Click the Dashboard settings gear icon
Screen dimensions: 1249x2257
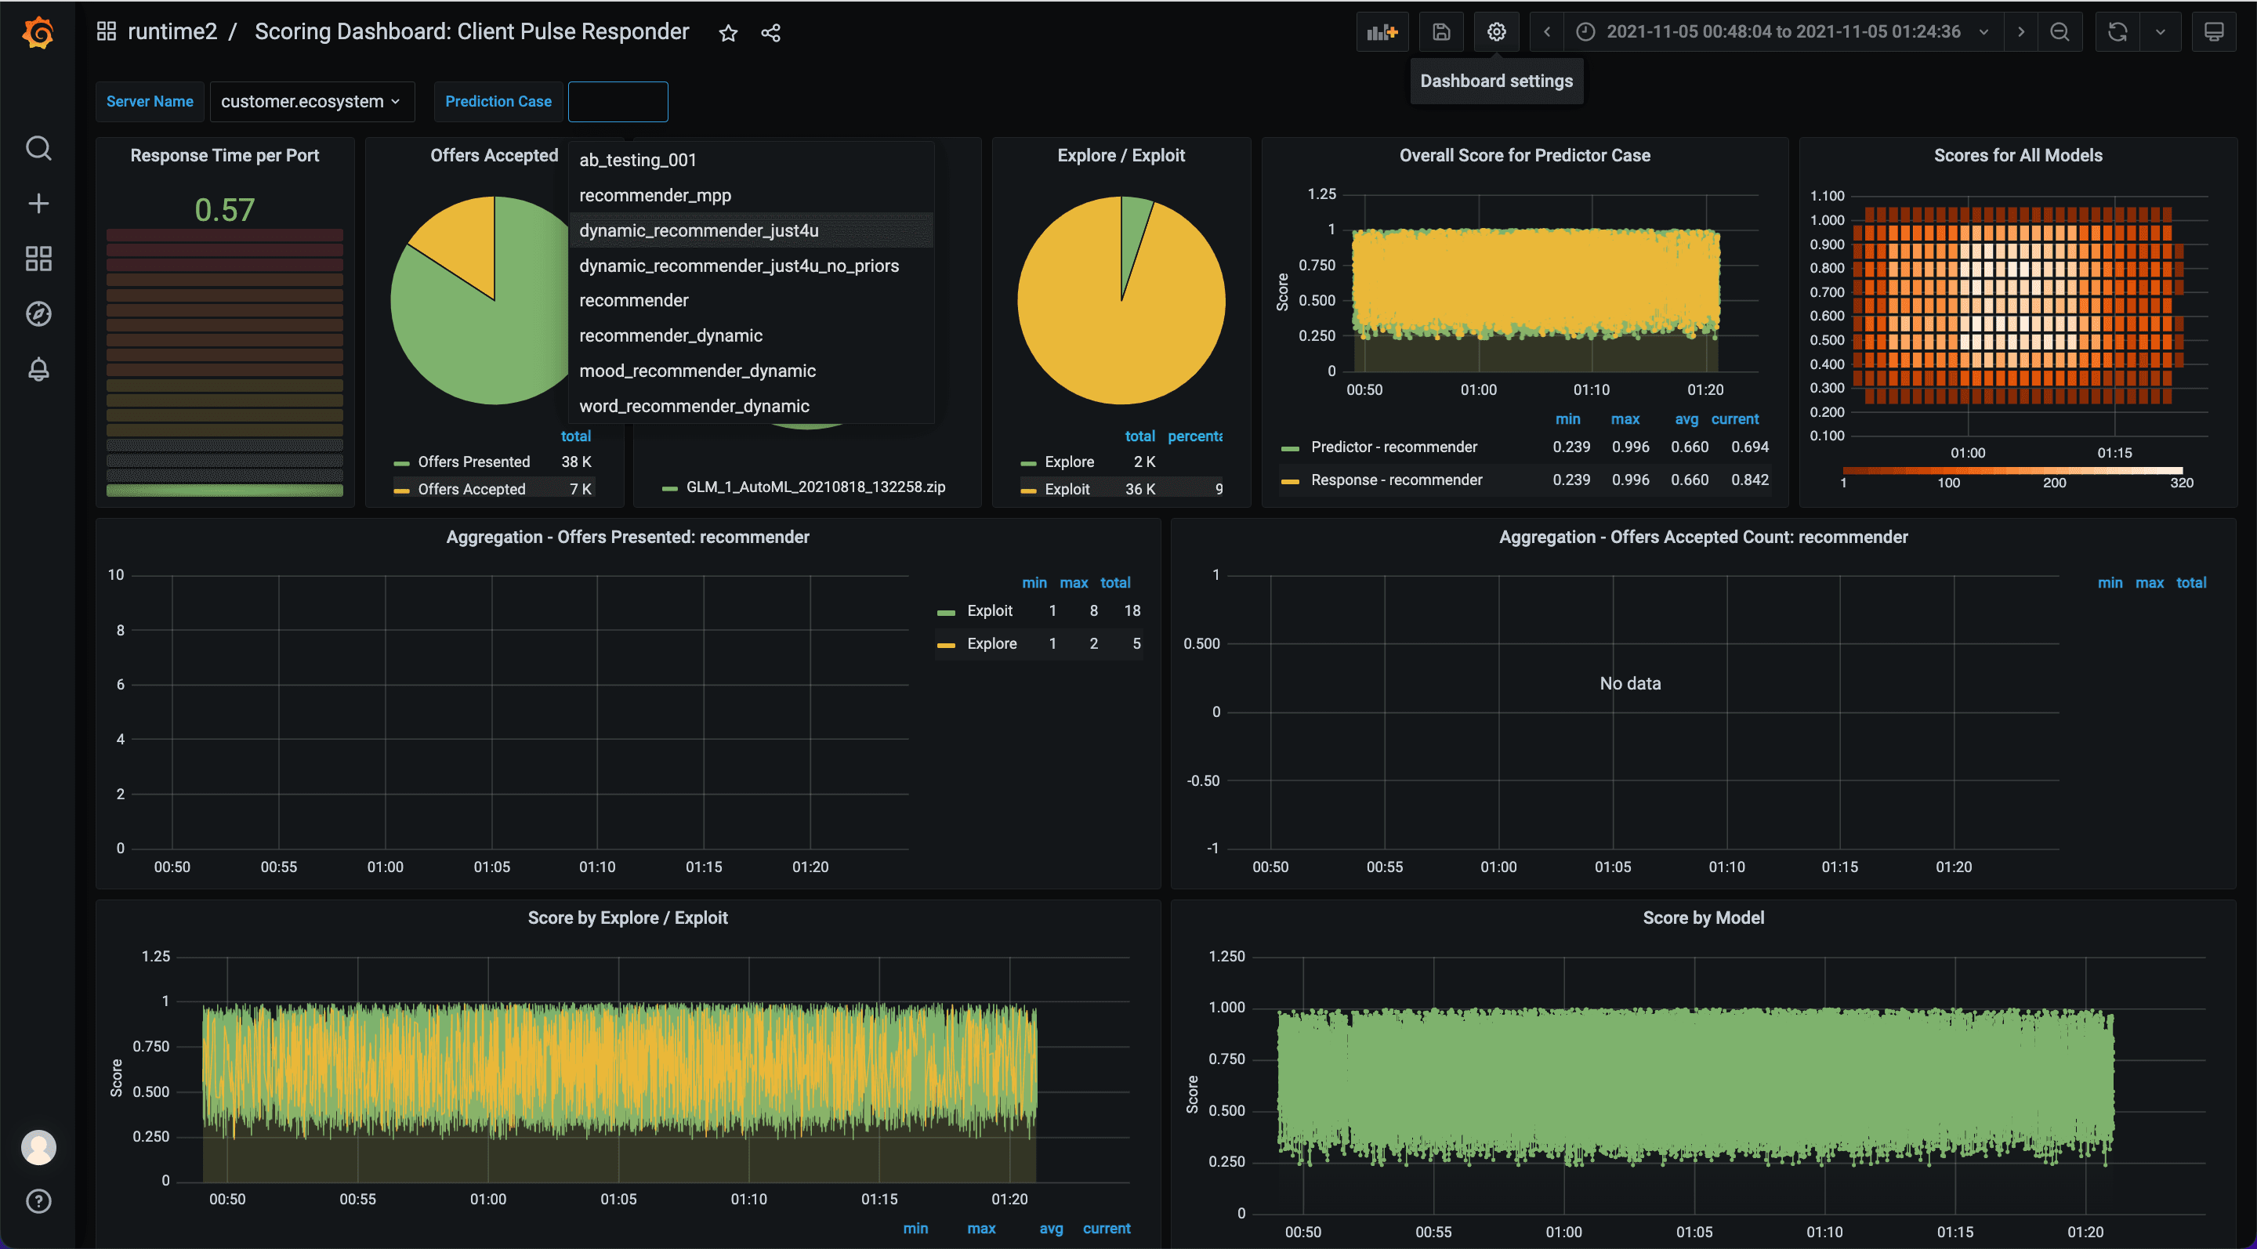click(1495, 32)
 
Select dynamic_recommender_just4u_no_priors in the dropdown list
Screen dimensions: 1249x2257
click(738, 266)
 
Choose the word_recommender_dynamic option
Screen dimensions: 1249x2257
click(694, 406)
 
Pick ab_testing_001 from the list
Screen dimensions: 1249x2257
click(637, 159)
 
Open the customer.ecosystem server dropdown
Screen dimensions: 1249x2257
click(310, 102)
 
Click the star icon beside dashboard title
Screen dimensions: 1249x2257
click(728, 33)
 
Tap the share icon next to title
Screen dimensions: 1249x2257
click(770, 33)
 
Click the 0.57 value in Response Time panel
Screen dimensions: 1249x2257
click(224, 210)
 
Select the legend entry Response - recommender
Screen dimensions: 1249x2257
click(1396, 480)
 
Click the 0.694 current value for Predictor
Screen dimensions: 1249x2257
click(1749, 447)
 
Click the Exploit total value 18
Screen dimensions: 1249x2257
click(1131, 610)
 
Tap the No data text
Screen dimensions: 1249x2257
click(1630, 683)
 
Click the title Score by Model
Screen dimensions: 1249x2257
click(1702, 917)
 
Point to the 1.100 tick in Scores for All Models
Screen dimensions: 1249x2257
click(1827, 195)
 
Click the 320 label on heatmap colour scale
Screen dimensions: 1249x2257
click(2181, 483)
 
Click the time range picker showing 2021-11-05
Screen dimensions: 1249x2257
click(1782, 32)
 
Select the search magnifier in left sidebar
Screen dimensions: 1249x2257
click(38, 148)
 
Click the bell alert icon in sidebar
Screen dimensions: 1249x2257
click(38, 369)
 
